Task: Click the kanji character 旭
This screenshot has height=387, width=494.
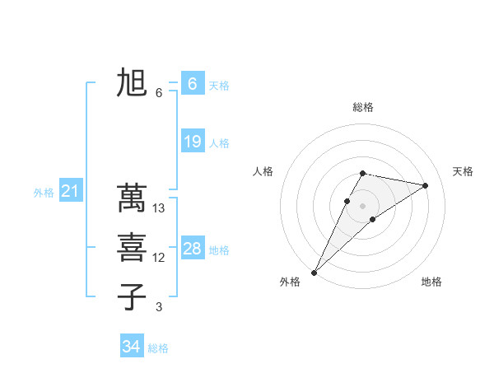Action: tap(132, 84)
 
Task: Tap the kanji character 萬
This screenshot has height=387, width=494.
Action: tap(132, 198)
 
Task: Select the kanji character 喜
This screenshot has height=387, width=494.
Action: tap(132, 247)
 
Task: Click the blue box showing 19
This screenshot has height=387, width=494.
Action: tap(192, 142)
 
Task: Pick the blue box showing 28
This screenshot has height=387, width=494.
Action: tap(192, 249)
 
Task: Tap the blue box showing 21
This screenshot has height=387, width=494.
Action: tap(71, 192)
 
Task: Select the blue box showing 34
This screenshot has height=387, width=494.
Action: tap(131, 347)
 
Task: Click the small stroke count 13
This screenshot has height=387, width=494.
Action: tap(160, 208)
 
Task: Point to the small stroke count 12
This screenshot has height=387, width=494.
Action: tap(159, 258)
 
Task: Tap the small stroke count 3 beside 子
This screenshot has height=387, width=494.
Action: tap(159, 307)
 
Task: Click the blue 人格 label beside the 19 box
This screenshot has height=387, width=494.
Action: tap(219, 143)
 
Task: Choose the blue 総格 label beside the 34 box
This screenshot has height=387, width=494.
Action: tap(158, 348)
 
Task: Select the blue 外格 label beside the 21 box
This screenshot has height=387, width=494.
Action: tap(44, 193)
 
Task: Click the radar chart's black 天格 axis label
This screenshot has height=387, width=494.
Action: tap(463, 171)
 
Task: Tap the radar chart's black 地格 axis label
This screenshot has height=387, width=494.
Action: tap(431, 282)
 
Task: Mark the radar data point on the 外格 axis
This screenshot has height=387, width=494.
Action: tap(315, 272)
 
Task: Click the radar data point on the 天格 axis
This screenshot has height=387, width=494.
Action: tap(426, 185)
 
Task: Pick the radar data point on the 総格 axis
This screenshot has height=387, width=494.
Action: tap(362, 173)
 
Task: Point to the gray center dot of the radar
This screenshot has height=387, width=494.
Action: tap(362, 205)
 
